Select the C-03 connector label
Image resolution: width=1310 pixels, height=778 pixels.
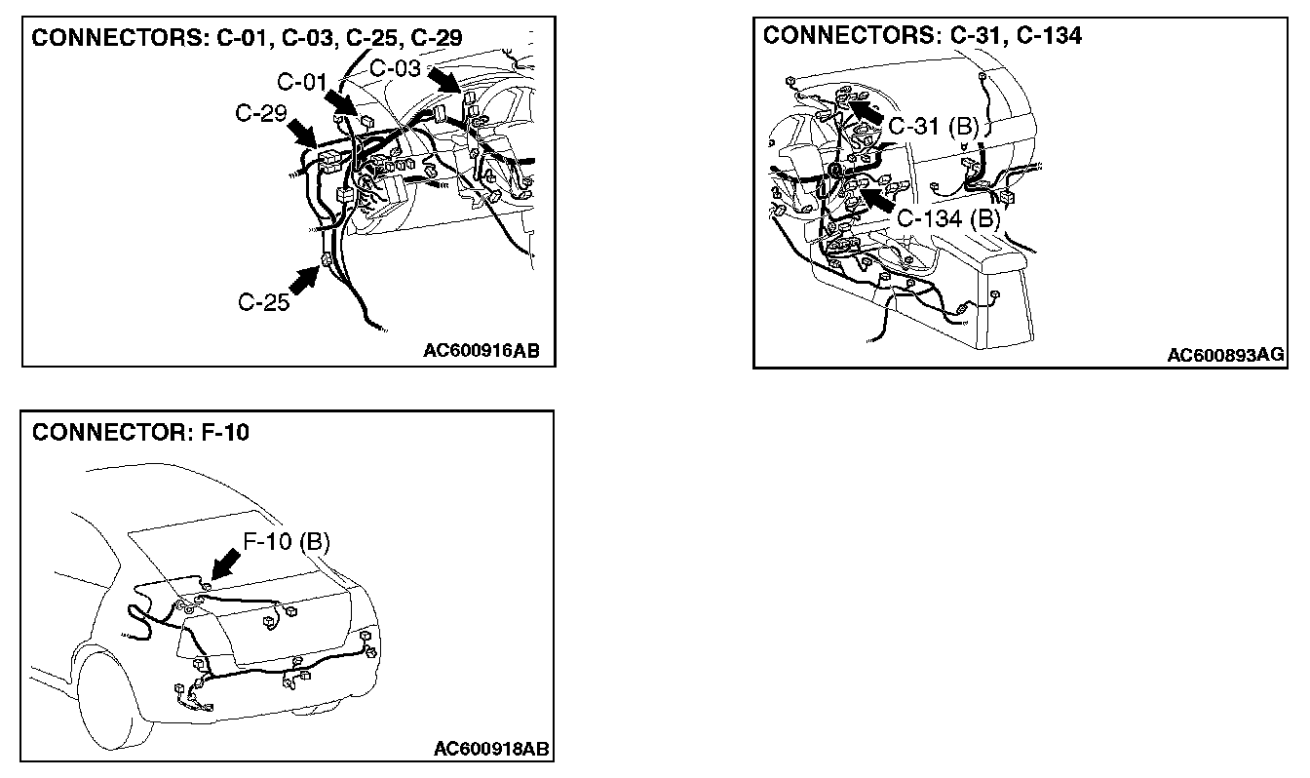coord(396,68)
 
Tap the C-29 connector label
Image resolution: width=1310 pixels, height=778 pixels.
coord(260,114)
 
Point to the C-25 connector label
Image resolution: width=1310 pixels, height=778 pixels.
coord(264,302)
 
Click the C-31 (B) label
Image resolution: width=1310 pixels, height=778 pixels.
coord(934,126)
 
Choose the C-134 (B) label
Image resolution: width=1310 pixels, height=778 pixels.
coord(948,217)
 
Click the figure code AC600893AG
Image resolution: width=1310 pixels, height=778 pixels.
coord(1225,355)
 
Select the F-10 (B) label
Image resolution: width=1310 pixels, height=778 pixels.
coord(287,541)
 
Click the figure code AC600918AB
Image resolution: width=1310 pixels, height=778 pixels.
coord(491,749)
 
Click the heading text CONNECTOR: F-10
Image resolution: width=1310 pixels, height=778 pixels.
coord(140,432)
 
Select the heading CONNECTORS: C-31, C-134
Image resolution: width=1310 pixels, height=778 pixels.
coord(922,36)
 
